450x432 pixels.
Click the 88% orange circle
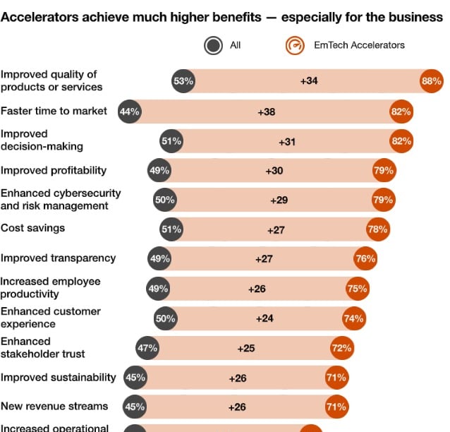click(431, 81)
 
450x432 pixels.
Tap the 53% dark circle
click(183, 81)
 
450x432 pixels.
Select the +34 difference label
click(309, 81)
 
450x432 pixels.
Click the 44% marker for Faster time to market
click(130, 112)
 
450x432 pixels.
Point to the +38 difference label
click(266, 112)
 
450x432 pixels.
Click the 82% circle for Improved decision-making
click(401, 141)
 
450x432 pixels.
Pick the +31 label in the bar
click(287, 141)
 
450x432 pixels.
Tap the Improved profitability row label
click(54, 170)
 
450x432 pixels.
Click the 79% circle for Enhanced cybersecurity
click(383, 200)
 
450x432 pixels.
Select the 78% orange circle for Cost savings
click(377, 229)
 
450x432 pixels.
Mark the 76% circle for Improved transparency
click(365, 259)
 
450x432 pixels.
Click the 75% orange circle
click(358, 289)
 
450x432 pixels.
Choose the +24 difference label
click(264, 318)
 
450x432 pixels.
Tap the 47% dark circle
click(147, 348)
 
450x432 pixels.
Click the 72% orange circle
click(341, 348)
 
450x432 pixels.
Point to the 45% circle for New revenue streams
click(135, 407)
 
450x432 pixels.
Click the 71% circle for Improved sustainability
click(336, 378)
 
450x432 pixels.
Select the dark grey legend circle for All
click(213, 45)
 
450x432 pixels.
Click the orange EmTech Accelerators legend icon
click(295, 45)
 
